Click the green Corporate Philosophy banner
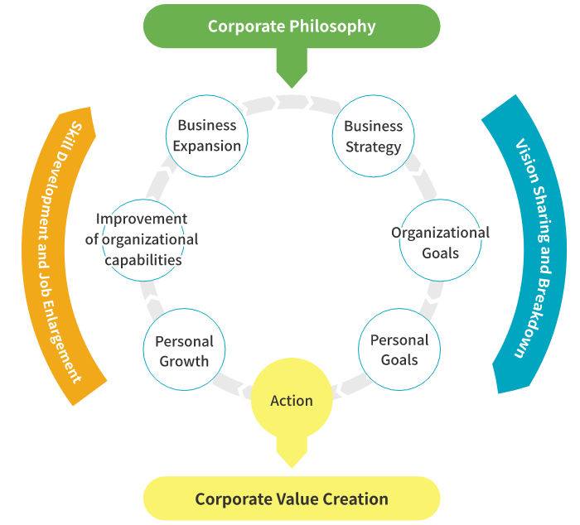click(x=292, y=26)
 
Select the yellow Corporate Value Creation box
click(x=292, y=499)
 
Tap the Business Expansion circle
click(x=207, y=136)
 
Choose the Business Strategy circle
click(x=373, y=137)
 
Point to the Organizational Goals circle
click(x=440, y=242)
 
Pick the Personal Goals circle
click(x=399, y=349)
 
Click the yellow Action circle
click(x=292, y=401)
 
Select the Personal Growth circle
click(x=184, y=350)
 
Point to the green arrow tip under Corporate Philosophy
click(x=292, y=79)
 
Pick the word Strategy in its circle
click(x=373, y=147)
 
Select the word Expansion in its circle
click(x=207, y=146)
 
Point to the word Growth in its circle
click(x=184, y=360)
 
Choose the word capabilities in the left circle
click(x=143, y=259)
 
